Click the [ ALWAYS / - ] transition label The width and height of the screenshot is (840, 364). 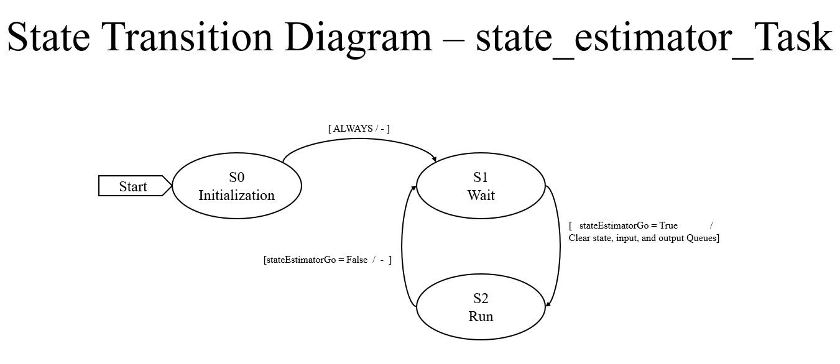pyautogui.click(x=359, y=129)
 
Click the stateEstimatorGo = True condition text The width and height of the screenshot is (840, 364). pyautogui.click(x=628, y=225)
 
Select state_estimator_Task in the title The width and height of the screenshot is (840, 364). pyautogui.click(x=654, y=39)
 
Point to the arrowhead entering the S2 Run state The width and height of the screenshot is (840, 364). pyautogui.click(x=547, y=304)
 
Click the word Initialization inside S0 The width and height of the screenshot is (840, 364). pyautogui.click(x=236, y=195)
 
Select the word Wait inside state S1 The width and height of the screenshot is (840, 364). pyautogui.click(x=481, y=195)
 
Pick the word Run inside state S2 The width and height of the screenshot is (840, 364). pyautogui.click(x=481, y=316)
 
